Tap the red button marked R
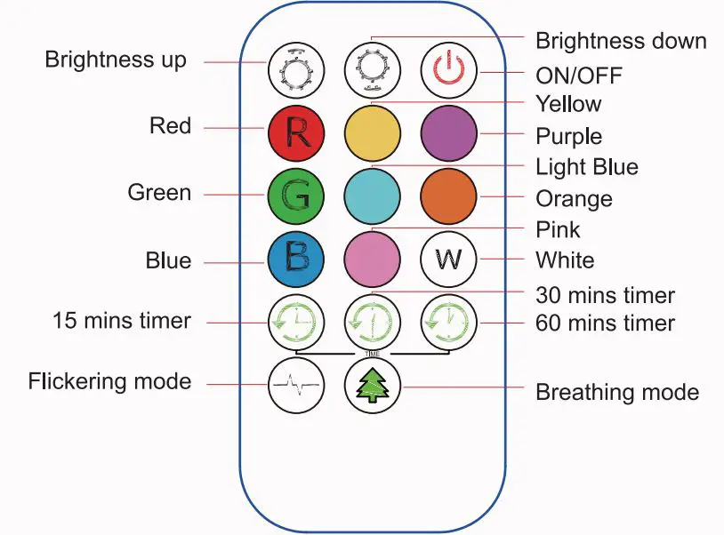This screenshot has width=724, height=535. pyautogui.click(x=296, y=132)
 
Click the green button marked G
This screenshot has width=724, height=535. pyautogui.click(x=296, y=195)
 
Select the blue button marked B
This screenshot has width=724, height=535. pyautogui.click(x=296, y=259)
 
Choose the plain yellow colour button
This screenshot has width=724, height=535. pyautogui.click(x=372, y=132)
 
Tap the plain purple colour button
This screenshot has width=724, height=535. pyautogui.click(x=448, y=132)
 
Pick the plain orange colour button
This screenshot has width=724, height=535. pyautogui.click(x=448, y=195)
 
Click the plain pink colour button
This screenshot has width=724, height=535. pyautogui.click(x=372, y=259)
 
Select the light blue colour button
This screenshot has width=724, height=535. pyautogui.click(x=372, y=195)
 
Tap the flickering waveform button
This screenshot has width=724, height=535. pyautogui.click(x=296, y=386)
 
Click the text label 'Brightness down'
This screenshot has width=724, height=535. pyautogui.click(x=621, y=41)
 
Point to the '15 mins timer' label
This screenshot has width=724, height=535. pyautogui.click(x=122, y=320)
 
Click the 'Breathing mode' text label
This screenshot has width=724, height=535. pyautogui.click(x=617, y=392)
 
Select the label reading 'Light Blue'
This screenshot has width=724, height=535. pyautogui.click(x=586, y=167)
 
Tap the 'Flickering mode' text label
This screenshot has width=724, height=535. pyautogui.click(x=109, y=382)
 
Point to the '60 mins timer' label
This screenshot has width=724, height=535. pyautogui.click(x=605, y=323)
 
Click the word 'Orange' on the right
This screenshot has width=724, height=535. pyautogui.click(x=574, y=198)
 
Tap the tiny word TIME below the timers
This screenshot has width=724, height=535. pyautogui.click(x=373, y=354)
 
